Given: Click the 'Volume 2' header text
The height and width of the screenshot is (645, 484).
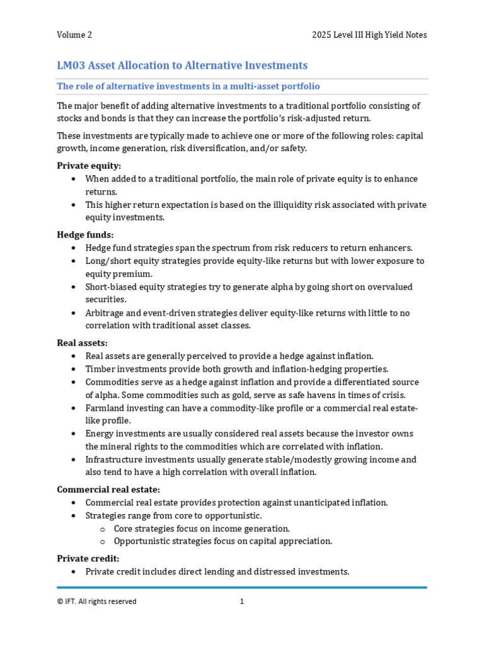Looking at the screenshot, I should tap(74, 35).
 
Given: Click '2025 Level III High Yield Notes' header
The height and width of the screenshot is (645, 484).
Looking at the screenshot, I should tap(369, 35).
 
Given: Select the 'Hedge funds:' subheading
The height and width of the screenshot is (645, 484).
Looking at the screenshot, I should tap(85, 235).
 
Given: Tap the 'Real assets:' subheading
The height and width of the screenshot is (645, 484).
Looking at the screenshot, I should tap(82, 343).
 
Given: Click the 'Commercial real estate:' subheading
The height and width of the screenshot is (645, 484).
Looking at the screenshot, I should tap(108, 489).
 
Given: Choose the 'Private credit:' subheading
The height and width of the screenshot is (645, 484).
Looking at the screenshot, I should tap(88, 559).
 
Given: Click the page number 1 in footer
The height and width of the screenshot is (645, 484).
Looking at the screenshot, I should tap(241, 602).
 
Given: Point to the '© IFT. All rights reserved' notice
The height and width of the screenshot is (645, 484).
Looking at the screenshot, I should tap(96, 602).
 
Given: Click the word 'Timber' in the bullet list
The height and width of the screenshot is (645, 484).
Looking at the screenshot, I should tap(100, 369).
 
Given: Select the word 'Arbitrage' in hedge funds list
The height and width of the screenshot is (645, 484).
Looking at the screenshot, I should tap(105, 313).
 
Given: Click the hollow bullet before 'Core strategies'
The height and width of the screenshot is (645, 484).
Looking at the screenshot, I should tap(102, 528).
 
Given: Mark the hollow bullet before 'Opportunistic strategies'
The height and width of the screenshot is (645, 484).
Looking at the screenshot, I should tap(102, 541).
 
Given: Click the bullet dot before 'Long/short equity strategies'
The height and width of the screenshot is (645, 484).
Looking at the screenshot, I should tap(74, 261).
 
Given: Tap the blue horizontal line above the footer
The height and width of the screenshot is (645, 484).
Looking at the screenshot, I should tap(241, 588).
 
